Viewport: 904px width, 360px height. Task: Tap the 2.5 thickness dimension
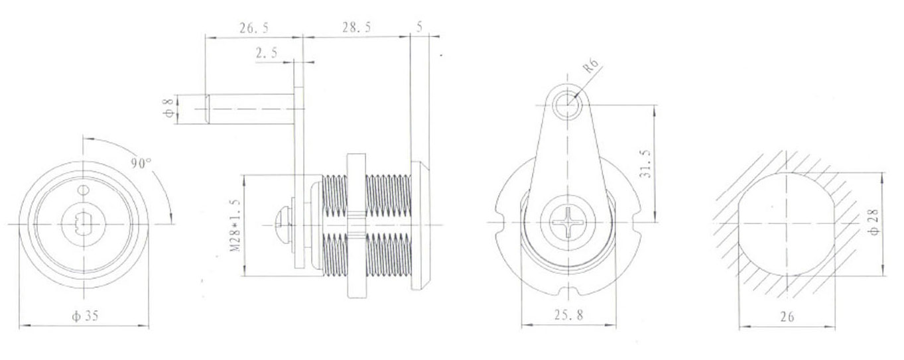(266, 54)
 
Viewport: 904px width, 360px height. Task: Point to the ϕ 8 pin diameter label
(168, 108)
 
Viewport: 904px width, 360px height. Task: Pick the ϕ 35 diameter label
(84, 316)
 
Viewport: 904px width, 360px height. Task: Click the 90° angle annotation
(141, 163)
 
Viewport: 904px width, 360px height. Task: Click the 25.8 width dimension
(569, 316)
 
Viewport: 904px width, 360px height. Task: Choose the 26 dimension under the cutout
(787, 317)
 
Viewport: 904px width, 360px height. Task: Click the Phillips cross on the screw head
(569, 224)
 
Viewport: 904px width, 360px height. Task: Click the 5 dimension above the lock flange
(419, 27)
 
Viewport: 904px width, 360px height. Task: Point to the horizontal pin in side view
(249, 108)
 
